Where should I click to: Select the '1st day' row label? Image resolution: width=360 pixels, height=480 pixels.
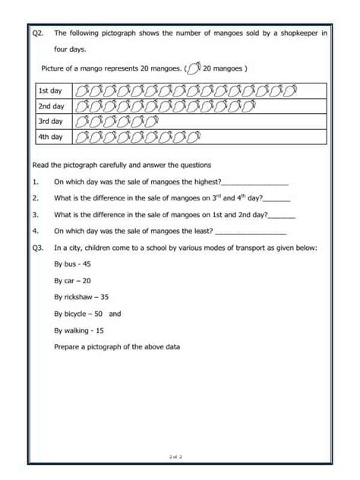[x=50, y=91]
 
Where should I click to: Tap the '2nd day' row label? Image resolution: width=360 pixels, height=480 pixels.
[x=50, y=106]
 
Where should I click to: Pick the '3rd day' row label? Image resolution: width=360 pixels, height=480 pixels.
[x=50, y=122]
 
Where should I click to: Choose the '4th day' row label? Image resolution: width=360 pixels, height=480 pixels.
[x=50, y=137]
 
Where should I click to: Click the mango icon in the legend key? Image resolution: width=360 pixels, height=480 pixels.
[x=193, y=69]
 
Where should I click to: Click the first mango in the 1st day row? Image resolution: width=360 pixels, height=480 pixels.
[x=83, y=91]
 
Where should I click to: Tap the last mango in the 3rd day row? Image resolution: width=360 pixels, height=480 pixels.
[x=151, y=122]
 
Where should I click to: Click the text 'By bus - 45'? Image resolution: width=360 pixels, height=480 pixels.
[x=73, y=264]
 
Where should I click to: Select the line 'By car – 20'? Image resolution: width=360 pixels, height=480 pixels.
[x=72, y=280]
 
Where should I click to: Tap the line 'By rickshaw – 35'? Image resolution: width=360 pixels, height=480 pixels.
[x=81, y=297]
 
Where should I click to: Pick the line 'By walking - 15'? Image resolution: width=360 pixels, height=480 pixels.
[x=79, y=330]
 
